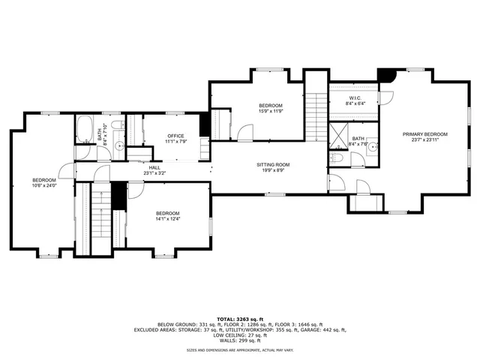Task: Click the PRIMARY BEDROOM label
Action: tap(424, 134)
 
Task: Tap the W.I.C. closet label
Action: tap(355, 99)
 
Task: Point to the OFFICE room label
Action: tap(175, 136)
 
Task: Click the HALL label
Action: tap(154, 167)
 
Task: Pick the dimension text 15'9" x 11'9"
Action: tap(271, 111)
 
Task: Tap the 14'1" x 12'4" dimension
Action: tap(167, 219)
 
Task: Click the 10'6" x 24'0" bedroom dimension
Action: tap(43, 186)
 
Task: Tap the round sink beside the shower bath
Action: tap(372, 147)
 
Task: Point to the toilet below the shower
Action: tap(337, 158)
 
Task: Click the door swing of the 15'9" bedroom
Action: tap(245, 133)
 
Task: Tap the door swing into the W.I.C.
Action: tap(385, 97)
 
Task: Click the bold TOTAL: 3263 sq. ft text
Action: tap(239, 319)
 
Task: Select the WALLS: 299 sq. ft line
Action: tap(239, 340)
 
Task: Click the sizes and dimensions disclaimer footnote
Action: tap(239, 350)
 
